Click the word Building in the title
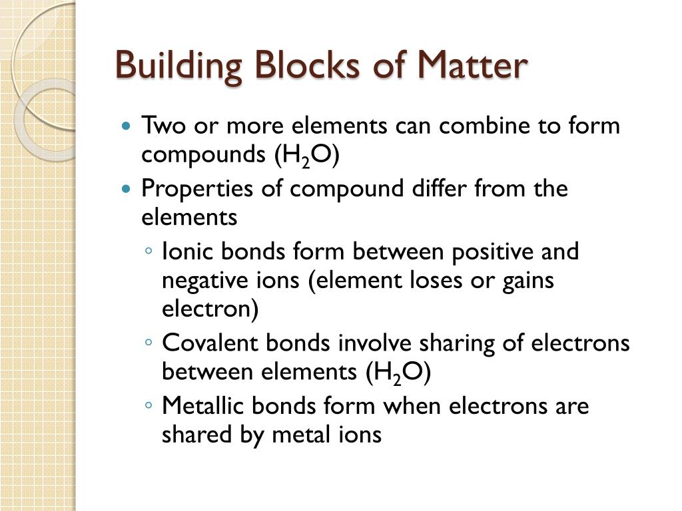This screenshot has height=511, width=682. tap(172, 67)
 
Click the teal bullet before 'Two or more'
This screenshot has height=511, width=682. tap(127, 125)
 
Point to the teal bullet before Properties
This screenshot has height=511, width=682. tap(127, 189)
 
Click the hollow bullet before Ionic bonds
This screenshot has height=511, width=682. tap(149, 252)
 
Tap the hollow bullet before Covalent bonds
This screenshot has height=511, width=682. tap(149, 343)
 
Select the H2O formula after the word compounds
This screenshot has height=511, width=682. tap(306, 154)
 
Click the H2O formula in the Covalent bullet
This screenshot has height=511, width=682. tap(398, 373)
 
